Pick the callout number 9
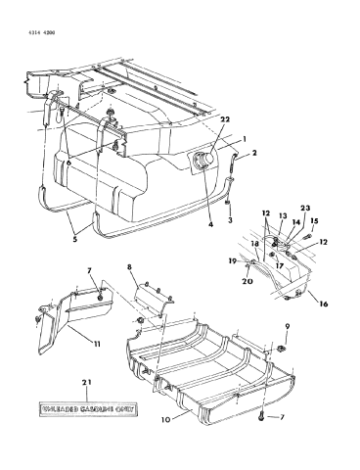pyautogui.click(x=287, y=326)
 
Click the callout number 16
pyautogui.click(x=322, y=305)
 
